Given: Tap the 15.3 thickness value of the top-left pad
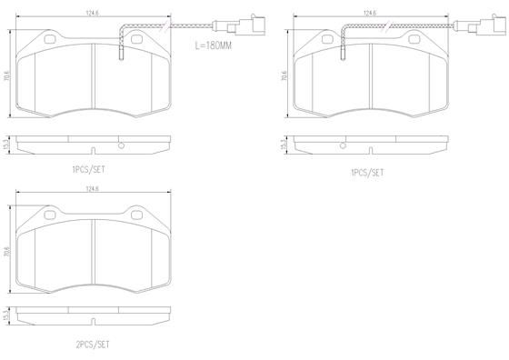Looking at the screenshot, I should [x=8, y=143].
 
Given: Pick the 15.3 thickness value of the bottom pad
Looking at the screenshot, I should [x=8, y=317].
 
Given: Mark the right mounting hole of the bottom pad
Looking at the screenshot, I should [x=138, y=215].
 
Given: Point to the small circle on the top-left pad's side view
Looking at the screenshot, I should [x=121, y=144].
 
